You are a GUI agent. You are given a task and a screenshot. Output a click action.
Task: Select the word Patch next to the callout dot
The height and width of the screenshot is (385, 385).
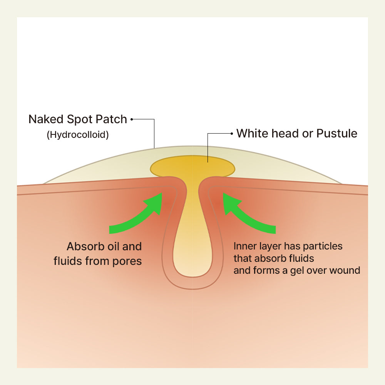click(112, 119)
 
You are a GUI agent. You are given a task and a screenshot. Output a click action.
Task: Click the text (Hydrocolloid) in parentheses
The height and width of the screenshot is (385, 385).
click(78, 135)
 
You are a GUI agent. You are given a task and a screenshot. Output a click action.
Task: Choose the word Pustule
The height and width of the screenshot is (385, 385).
click(337, 134)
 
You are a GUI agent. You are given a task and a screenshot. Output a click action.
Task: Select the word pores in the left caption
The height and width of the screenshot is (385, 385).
click(127, 261)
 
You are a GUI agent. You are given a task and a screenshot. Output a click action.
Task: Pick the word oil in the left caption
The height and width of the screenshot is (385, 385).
click(111, 246)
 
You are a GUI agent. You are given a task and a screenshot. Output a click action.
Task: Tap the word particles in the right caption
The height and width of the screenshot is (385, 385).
click(323, 246)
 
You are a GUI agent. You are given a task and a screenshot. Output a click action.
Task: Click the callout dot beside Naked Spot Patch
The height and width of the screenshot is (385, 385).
click(132, 119)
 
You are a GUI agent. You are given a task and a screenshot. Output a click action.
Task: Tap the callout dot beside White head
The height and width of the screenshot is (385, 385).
click(231, 134)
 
